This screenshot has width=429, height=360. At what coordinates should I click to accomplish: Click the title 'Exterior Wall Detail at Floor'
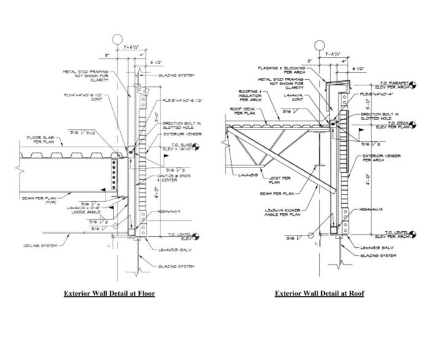109,293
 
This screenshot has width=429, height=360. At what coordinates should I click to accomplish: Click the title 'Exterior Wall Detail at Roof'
319,293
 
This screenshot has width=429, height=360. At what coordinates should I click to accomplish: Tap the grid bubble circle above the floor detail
117,40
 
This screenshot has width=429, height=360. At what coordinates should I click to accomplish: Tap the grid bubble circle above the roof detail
319,45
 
